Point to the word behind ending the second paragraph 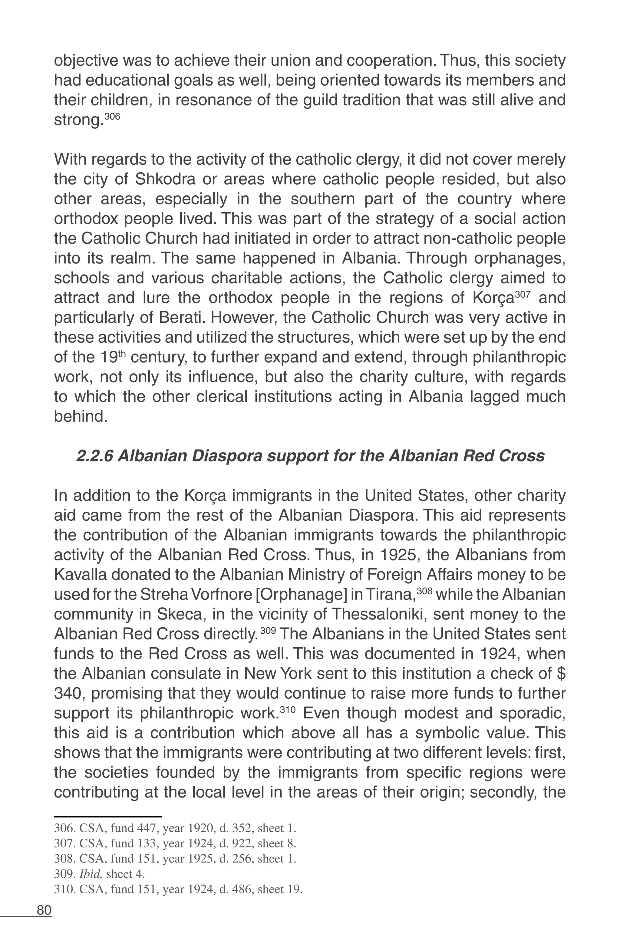click(81, 416)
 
